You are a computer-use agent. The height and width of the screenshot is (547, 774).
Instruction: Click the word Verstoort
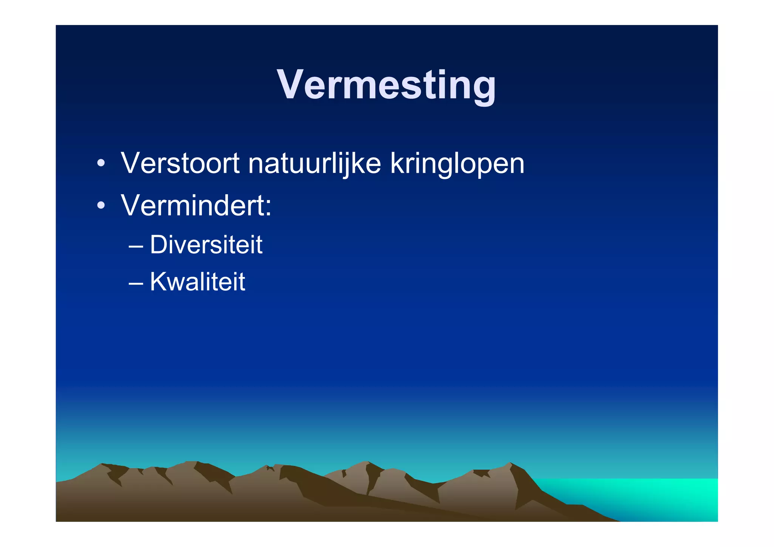[x=180, y=163]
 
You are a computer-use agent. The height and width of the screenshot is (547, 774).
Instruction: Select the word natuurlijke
[x=314, y=163]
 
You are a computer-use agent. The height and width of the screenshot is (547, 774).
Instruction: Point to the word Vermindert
[x=193, y=206]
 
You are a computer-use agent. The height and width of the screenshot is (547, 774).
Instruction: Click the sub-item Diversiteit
[x=206, y=245]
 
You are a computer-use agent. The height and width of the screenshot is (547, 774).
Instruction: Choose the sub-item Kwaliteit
[x=197, y=282]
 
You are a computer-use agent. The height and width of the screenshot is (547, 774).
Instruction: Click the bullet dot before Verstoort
[x=101, y=164]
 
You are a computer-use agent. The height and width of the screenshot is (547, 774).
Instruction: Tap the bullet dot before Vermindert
[x=101, y=206]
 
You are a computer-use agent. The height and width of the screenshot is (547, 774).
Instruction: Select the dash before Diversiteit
[x=136, y=246]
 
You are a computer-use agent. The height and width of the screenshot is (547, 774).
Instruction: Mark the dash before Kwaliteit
[x=136, y=283]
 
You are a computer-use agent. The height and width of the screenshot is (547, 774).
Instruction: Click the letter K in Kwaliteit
[x=159, y=282]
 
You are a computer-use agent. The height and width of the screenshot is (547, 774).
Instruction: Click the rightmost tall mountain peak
[x=510, y=464]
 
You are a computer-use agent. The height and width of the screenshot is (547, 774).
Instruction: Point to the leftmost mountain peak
[x=101, y=465]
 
